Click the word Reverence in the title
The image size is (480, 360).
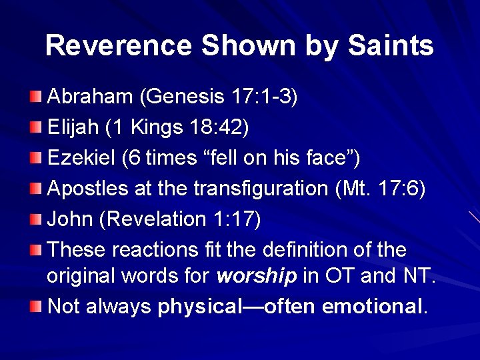coord(119,46)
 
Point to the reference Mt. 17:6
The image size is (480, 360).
coord(381,189)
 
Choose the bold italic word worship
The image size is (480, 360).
coord(257,276)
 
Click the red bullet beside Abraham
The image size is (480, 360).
coord(37,97)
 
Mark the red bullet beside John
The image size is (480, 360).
coord(37,220)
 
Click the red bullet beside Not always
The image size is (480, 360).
coord(37,307)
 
